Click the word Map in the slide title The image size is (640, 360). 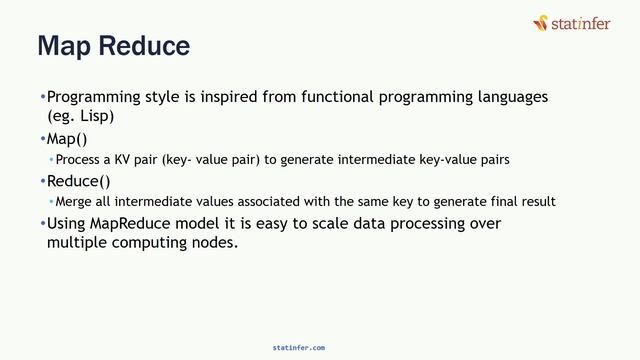click(x=67, y=46)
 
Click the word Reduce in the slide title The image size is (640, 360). click(x=148, y=46)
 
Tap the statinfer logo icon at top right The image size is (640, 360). click(x=541, y=21)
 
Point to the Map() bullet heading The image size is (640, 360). click(x=67, y=138)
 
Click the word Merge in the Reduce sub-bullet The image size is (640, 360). click(x=73, y=202)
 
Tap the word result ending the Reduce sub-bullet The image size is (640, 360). click(x=538, y=202)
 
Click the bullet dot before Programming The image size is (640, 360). click(x=43, y=98)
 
